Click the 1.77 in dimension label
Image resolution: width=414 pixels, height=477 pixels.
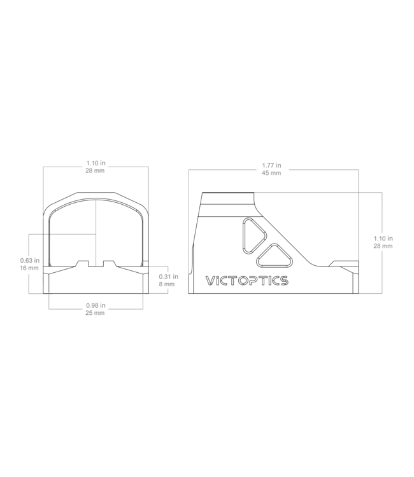pyautogui.click(x=271, y=165)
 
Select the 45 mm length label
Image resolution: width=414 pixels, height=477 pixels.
pyautogui.click(x=271, y=173)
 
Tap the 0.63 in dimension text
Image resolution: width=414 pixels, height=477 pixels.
pyautogui.click(x=30, y=260)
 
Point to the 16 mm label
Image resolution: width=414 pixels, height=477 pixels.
pyautogui.click(x=29, y=268)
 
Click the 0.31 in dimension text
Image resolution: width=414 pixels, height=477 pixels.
pyautogui.click(x=168, y=277)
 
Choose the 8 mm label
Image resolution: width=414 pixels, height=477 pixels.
pyautogui.click(x=167, y=284)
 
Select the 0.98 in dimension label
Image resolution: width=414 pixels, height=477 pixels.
pyautogui.click(x=96, y=305)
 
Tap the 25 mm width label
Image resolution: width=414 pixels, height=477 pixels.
pyautogui.click(x=95, y=313)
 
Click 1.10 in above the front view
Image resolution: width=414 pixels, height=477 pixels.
pyautogui.click(x=96, y=163)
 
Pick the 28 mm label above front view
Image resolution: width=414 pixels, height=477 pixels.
pyautogui.click(x=95, y=170)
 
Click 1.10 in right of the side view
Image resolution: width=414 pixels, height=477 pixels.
pyautogui.click(x=383, y=238)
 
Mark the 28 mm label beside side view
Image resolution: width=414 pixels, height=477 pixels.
pyautogui.click(x=383, y=245)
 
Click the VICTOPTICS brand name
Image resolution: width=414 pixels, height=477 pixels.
pyautogui.click(x=246, y=280)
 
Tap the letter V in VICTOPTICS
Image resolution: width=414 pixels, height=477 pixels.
pyautogui.click(x=210, y=280)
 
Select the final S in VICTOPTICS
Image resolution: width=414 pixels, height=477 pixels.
pyautogui.click(x=283, y=280)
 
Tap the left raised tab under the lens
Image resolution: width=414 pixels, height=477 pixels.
pyautogui.click(x=82, y=263)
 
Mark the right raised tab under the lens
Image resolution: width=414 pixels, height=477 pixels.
pyautogui.click(x=109, y=263)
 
